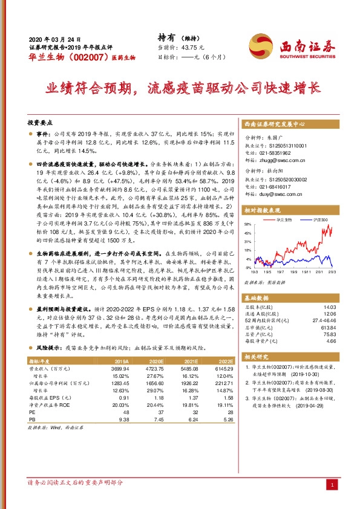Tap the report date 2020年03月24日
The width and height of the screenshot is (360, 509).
tap(55, 37)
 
